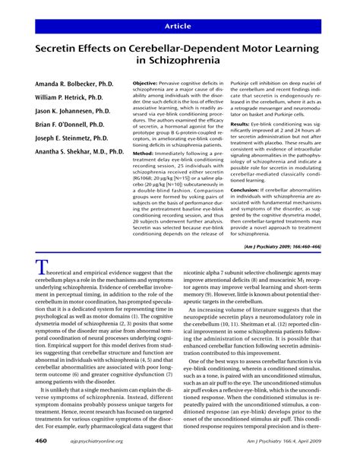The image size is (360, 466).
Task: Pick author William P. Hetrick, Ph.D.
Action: tap(73, 99)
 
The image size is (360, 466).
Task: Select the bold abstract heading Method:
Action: tap(145, 154)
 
